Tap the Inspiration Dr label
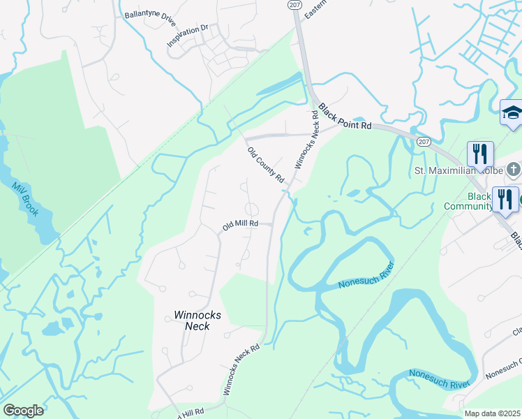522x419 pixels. (187, 36)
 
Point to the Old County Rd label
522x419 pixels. (266, 165)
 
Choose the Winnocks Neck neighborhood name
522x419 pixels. (197, 321)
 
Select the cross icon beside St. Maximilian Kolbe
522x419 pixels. (513, 169)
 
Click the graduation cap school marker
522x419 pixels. (512, 112)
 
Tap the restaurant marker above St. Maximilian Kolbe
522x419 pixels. (480, 153)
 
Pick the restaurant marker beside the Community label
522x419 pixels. (505, 198)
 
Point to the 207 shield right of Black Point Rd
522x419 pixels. (424, 141)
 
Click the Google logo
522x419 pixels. (23, 411)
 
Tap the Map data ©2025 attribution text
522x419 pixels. (491, 413)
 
